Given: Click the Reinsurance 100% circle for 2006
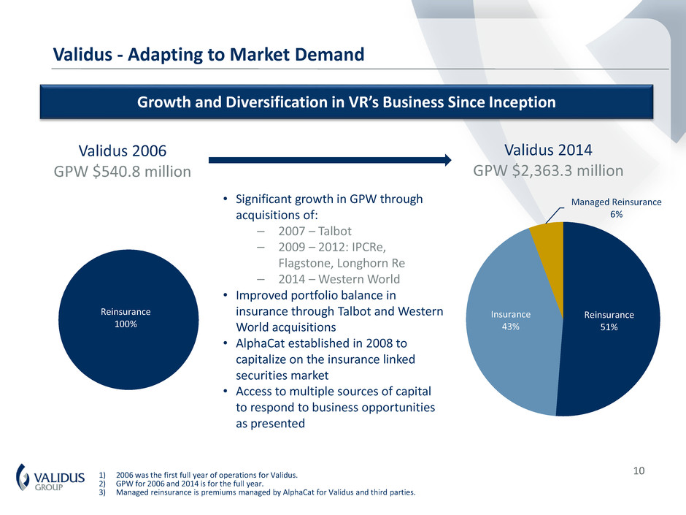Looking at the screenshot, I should point(128,319).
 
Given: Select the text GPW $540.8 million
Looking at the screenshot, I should point(122,172).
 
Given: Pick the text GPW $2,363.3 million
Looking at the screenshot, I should point(548,171).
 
